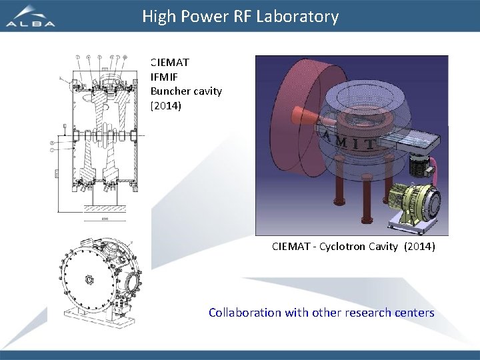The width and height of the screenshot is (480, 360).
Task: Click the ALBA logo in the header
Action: click(31, 17)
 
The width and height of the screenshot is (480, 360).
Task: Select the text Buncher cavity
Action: click(186, 91)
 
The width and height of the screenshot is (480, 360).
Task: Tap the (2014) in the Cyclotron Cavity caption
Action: click(419, 247)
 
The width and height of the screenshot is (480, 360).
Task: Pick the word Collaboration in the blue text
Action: click(245, 313)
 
